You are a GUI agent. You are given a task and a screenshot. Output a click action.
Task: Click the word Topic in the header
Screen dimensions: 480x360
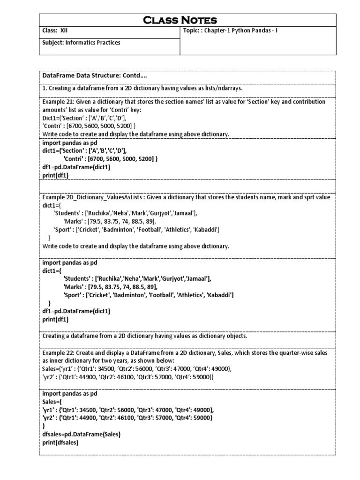192,30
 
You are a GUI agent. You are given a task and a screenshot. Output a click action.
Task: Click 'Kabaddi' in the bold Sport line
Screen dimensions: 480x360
219,295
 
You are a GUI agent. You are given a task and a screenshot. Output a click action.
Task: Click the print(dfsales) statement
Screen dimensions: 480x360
60,442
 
